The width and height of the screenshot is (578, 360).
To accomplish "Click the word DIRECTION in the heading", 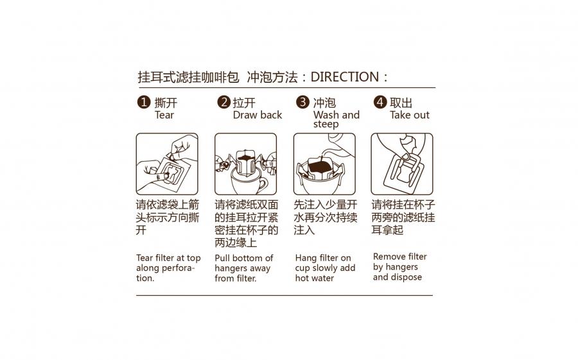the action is point(345,77).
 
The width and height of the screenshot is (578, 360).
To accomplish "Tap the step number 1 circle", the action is point(143,102).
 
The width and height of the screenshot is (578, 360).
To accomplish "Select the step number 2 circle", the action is point(223,101).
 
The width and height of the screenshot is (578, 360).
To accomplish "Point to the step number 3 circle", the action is point(302,101).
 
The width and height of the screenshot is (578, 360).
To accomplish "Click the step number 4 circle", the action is point(380,101).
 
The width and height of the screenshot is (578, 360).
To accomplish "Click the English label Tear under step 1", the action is point(164,115).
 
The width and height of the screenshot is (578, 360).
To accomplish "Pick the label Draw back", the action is point(258,115).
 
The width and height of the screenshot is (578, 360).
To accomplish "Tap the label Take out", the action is point(410,115).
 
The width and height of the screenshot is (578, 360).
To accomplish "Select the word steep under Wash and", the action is point(326,124).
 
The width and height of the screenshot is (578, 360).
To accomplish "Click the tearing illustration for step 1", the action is point(167,164).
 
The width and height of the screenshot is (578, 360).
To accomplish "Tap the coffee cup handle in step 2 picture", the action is point(262,184).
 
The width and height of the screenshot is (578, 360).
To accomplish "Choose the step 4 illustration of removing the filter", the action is point(402,164).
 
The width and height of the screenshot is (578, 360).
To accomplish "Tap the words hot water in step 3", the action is point(315,279).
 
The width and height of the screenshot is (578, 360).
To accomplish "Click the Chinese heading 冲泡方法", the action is point(272,78).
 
